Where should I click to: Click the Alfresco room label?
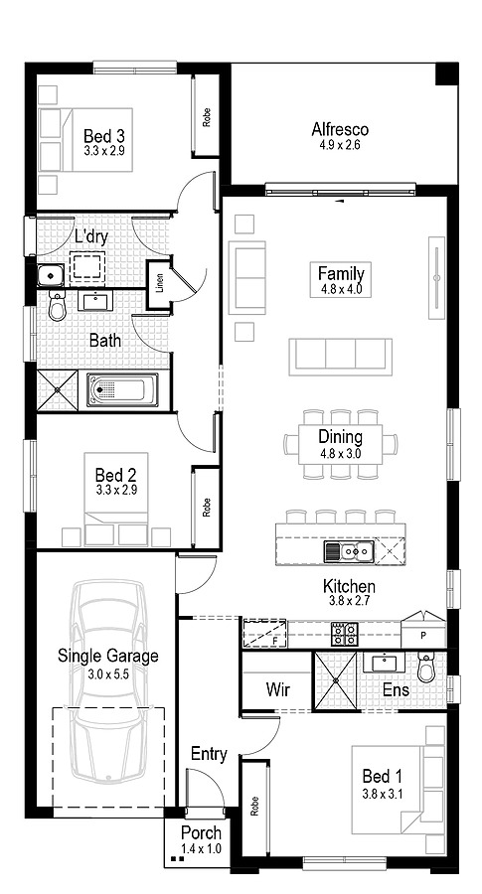point(340,129)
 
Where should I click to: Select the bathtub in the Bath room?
point(122,390)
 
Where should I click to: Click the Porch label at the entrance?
point(201,832)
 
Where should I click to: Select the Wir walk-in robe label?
point(276,688)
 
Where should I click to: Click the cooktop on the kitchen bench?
point(344,631)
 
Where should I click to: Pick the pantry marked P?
point(423,633)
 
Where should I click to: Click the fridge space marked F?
point(263,633)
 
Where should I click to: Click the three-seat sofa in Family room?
point(340,356)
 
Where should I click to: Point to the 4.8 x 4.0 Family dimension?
point(341,290)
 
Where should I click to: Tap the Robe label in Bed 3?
point(207,118)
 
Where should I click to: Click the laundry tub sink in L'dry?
point(48,275)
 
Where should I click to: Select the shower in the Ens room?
point(336,680)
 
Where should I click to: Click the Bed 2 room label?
point(108,475)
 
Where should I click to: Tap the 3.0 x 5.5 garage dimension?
point(108,673)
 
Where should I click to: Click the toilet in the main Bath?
point(56,310)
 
